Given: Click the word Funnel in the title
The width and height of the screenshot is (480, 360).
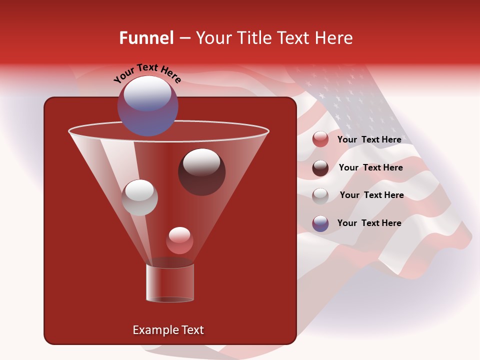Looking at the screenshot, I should point(146,38).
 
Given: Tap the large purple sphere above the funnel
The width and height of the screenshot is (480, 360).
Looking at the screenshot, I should point(147,105).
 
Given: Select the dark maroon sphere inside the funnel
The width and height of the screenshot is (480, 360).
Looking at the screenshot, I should point(202,172).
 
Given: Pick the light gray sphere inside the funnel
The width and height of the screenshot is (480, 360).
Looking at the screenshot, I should point(140,197).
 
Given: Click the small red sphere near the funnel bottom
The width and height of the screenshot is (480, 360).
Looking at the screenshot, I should point(179,240).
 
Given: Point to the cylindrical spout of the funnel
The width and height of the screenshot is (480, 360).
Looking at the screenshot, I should point(170,283).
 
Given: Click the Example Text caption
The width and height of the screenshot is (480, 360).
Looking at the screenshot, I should point(168,330).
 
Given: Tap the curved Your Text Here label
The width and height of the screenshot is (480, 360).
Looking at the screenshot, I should point(147,73).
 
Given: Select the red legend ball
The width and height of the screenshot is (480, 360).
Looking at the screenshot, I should point(320,139).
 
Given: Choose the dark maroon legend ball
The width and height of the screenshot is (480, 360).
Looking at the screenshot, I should point(320,168).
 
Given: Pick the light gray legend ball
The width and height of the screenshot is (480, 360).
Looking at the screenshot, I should point(320,195).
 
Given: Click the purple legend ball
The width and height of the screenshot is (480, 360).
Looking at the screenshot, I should point(320,223).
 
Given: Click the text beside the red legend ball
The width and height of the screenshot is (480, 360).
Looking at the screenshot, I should point(369,140).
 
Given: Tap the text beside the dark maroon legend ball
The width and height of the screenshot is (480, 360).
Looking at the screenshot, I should point(370,168).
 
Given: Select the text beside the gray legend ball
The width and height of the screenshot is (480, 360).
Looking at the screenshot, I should point(371,195).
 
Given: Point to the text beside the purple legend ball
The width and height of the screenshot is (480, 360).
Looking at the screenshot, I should point(369,223).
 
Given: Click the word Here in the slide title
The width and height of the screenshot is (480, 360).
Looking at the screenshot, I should point(334,38).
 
